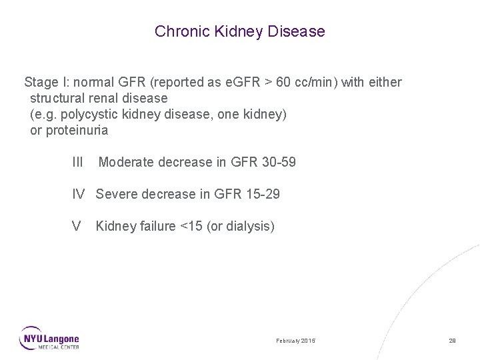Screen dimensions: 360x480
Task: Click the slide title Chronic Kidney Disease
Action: point(240,31)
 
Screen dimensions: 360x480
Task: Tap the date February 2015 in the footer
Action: point(296,341)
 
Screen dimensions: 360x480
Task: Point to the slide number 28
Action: point(452,341)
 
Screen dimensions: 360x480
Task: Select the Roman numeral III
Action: point(77,162)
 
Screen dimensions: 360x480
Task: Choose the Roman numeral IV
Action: point(79,194)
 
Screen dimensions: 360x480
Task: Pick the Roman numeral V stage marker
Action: point(77,226)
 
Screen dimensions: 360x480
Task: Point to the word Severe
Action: point(115,194)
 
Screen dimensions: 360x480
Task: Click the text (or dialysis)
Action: point(241,226)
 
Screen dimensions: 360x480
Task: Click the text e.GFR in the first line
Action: point(242,83)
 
